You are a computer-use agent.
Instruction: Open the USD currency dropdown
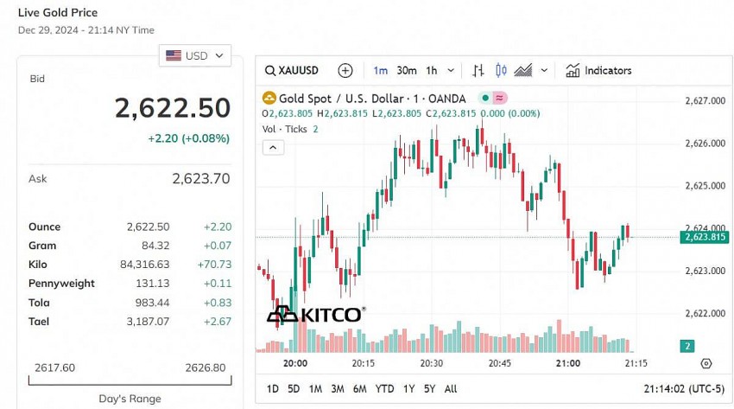coord(195,55)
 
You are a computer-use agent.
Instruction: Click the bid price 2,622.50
coord(173,107)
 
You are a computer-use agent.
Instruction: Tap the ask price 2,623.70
coord(200,179)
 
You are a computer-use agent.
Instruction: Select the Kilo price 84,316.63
coord(147,265)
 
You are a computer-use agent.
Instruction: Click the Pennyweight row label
coord(61,284)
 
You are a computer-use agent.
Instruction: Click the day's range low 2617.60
coord(54,367)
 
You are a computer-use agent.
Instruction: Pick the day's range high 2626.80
coord(206,367)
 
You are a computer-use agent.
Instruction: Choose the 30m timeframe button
coord(407,71)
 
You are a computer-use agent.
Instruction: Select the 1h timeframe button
coord(432,71)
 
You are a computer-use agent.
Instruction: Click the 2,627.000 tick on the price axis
coord(705,101)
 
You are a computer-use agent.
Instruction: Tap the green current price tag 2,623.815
coord(704,237)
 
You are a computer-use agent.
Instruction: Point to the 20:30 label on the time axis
coord(432,363)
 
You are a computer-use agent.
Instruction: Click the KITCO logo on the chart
coord(315,314)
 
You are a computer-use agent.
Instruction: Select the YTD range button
coord(384,389)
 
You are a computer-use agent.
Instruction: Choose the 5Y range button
coord(429,389)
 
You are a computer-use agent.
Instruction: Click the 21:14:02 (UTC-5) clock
coord(683,389)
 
